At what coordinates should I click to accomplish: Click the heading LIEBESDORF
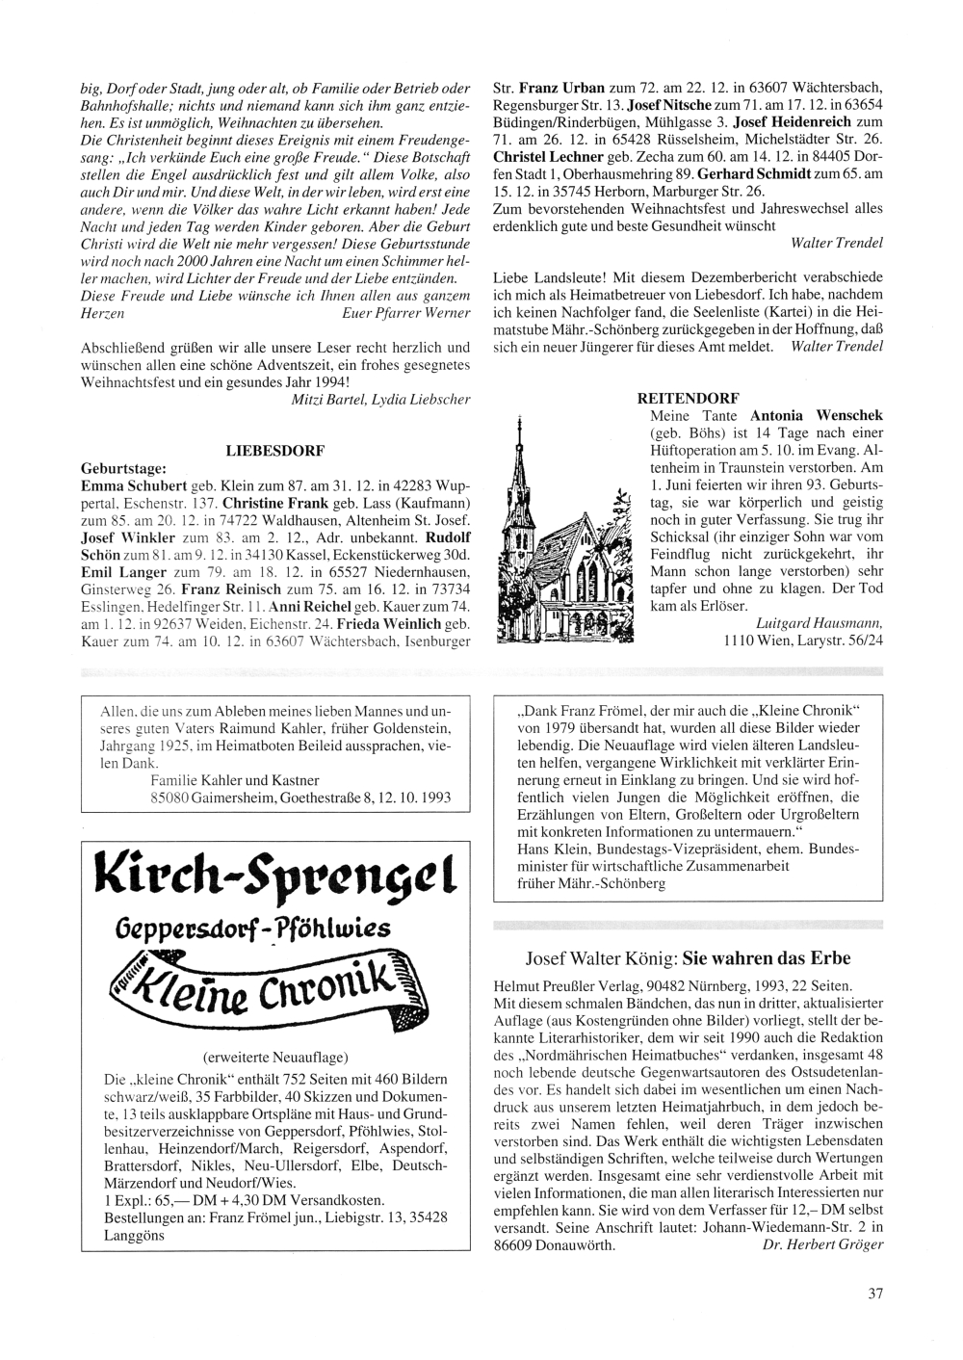(x=273, y=450)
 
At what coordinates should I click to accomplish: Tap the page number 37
(x=874, y=1294)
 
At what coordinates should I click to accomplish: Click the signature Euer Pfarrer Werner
(x=406, y=313)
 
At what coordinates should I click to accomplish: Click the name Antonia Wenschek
(x=817, y=416)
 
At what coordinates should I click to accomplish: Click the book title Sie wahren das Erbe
(x=767, y=959)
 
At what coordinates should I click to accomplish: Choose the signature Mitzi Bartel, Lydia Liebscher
(x=380, y=399)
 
